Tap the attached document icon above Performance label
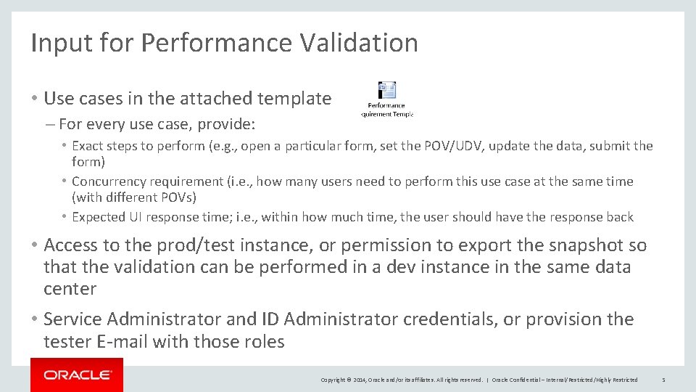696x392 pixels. (387, 91)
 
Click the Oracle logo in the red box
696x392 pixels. (77, 375)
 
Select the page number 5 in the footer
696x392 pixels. (663, 380)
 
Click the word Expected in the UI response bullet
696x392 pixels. (99, 217)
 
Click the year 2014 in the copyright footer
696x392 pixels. (359, 380)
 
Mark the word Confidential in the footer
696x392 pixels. (531, 380)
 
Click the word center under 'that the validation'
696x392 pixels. (70, 289)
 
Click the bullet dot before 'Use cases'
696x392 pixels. (36, 99)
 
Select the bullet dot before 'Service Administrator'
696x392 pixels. (36, 319)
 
